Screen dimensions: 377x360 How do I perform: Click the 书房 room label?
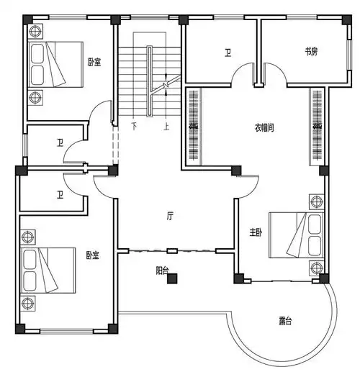click(x=311, y=52)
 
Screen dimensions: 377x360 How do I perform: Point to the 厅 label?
click(x=170, y=215)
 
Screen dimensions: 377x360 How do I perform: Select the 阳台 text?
click(x=163, y=271)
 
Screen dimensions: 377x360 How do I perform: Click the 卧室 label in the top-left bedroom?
click(x=94, y=63)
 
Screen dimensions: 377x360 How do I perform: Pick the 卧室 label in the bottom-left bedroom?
click(x=92, y=255)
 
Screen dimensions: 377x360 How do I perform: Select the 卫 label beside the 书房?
click(x=227, y=52)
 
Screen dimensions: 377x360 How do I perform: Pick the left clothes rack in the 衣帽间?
click(x=193, y=126)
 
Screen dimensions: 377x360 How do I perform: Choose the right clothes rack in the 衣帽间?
click(x=316, y=126)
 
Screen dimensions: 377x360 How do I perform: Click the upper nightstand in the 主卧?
click(x=315, y=202)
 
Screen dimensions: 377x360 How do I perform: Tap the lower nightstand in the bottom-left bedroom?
click(x=28, y=301)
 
